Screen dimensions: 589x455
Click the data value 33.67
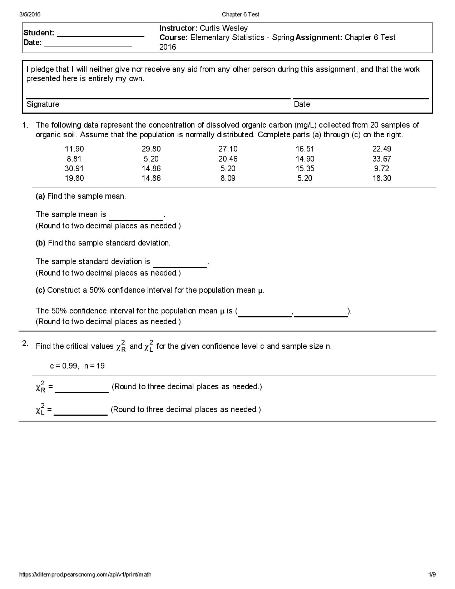coord(381,159)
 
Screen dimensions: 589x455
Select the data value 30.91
coord(74,168)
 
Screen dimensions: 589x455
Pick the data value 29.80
coord(151,149)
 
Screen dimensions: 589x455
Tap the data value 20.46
coord(228,159)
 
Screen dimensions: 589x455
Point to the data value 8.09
coord(228,178)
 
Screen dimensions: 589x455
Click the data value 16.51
coord(305,149)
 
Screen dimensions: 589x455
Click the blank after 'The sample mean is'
coord(136,216)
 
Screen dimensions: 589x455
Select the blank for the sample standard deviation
coord(180,263)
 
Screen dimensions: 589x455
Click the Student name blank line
coord(100,34)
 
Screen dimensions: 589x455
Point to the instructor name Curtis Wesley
coord(223,28)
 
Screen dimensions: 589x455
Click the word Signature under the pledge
coord(43,104)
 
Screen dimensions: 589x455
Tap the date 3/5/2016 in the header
coord(30,14)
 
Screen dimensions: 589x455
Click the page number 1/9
coord(432,575)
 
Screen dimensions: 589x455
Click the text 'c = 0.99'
coord(64,366)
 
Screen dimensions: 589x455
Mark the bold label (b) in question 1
coord(40,243)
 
